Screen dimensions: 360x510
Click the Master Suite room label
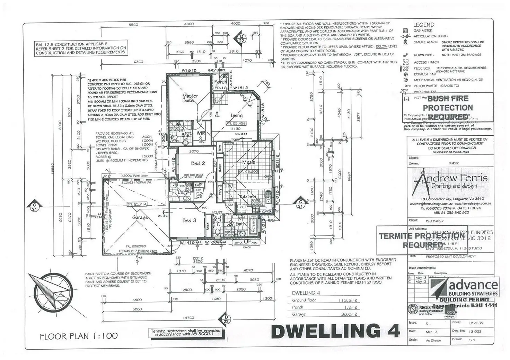pos(190,98)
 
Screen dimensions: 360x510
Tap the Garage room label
pos(140,217)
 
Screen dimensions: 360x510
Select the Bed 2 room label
pos(198,163)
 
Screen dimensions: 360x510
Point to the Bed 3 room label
pos(189,220)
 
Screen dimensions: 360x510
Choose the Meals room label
pos(248,162)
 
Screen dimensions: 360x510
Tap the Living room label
pos(236,116)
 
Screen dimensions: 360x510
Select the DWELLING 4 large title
pos(335,331)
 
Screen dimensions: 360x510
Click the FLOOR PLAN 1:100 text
pos(79,336)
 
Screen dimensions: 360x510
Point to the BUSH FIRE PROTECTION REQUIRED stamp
pos(448,108)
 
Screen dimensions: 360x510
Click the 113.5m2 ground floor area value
pos(348,300)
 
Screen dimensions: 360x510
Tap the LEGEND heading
pos(423,25)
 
